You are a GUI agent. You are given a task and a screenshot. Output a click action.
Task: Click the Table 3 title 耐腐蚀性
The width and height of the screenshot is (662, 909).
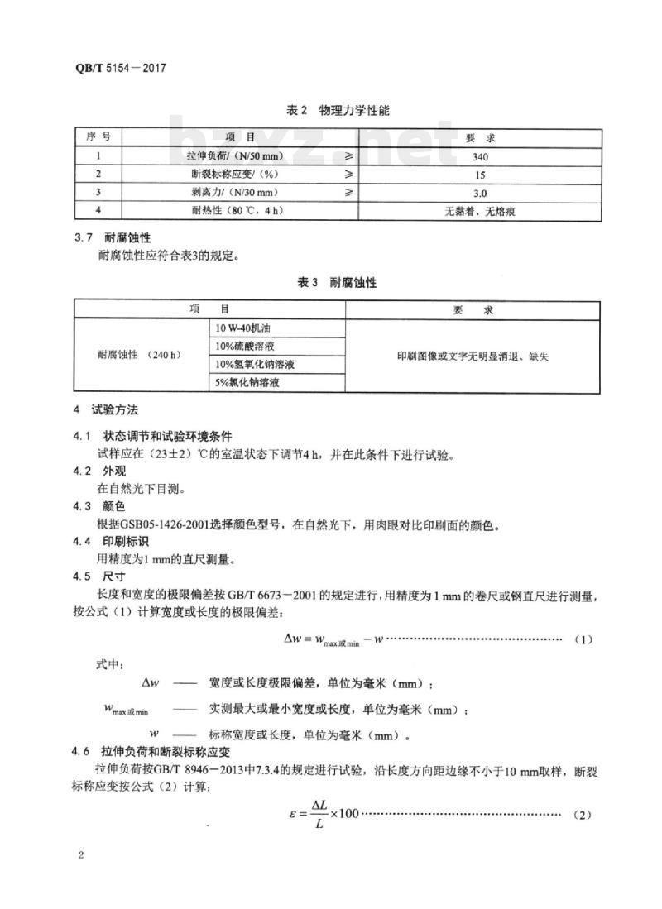pyautogui.click(x=336, y=283)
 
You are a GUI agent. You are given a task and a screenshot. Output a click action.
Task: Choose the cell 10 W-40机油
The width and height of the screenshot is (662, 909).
pyautogui.click(x=246, y=328)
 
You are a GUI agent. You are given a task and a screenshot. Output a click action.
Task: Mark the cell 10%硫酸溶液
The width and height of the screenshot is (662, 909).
pyautogui.click(x=246, y=346)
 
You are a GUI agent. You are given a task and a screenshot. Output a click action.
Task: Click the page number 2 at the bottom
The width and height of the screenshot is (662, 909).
pyautogui.click(x=81, y=854)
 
